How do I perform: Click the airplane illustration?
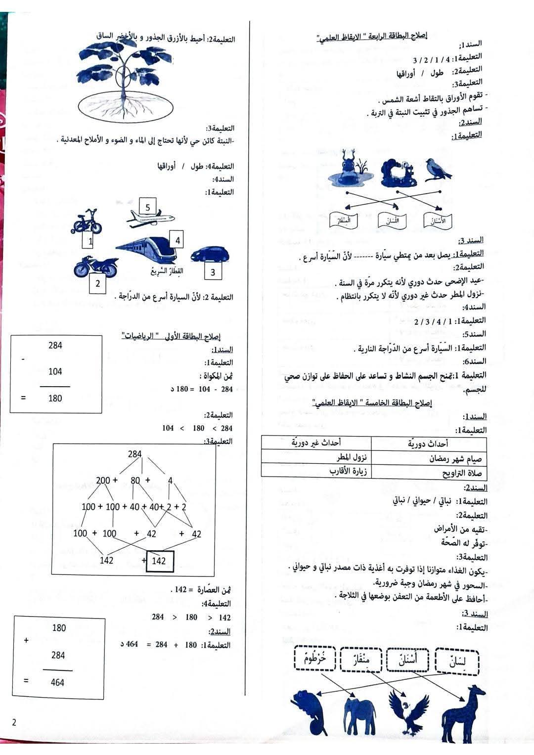[150, 219]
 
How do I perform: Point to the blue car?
[210, 255]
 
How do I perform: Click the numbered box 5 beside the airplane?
[147, 207]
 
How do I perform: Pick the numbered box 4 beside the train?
[177, 240]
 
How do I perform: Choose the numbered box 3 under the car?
[213, 271]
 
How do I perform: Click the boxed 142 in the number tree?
[160, 561]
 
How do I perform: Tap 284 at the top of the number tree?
[134, 454]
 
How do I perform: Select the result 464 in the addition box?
[58, 682]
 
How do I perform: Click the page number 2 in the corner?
[14, 722]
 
